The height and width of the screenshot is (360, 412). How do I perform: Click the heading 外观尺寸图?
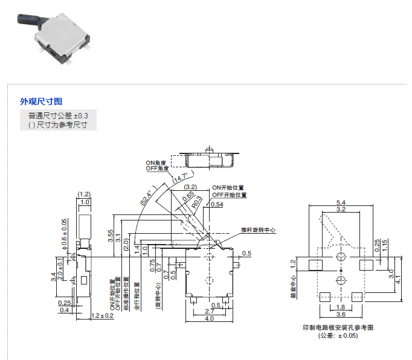41,101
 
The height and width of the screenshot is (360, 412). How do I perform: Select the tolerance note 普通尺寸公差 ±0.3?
58,115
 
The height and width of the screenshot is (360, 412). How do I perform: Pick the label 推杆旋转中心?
258,230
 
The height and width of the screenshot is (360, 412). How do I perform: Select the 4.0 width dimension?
208,318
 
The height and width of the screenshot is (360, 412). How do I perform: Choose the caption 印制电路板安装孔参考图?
338,327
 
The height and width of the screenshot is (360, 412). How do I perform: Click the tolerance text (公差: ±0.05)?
338,335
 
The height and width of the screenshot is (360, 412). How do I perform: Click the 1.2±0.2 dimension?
102,316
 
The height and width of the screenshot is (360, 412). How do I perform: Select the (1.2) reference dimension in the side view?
84,194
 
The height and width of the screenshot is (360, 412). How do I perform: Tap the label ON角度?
155,163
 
